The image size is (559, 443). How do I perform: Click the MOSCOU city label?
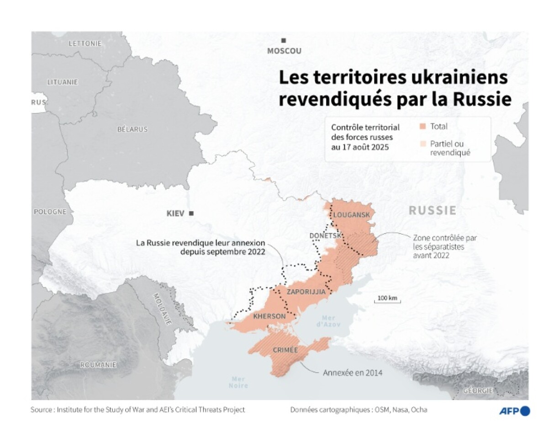pyautogui.click(x=284, y=51)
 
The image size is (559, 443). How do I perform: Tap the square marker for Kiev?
pyautogui.click(x=191, y=213)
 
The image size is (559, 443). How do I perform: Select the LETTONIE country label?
pyautogui.click(x=84, y=44)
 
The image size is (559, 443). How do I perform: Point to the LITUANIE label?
pyautogui.click(x=63, y=82)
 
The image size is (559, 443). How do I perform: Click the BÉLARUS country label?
pyautogui.click(x=132, y=129)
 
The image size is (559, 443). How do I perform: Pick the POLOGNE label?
pyautogui.click(x=50, y=212)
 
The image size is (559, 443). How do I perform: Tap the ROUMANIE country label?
pyautogui.click(x=98, y=365)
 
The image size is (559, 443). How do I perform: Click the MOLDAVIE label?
pyautogui.click(x=162, y=309)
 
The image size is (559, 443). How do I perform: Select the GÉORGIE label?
pyautogui.click(x=478, y=391)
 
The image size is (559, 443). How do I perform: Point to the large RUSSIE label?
pyautogui.click(x=432, y=210)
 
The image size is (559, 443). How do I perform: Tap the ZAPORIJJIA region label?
pyautogui.click(x=306, y=291)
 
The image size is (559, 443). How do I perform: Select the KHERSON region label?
pyautogui.click(x=269, y=316)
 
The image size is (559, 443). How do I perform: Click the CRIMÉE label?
pyautogui.click(x=285, y=350)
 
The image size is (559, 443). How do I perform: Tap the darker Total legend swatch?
pyautogui.click(x=422, y=127)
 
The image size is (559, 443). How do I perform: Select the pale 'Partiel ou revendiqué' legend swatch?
pyautogui.click(x=422, y=144)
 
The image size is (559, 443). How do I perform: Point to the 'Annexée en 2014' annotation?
pyautogui.click(x=353, y=373)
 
